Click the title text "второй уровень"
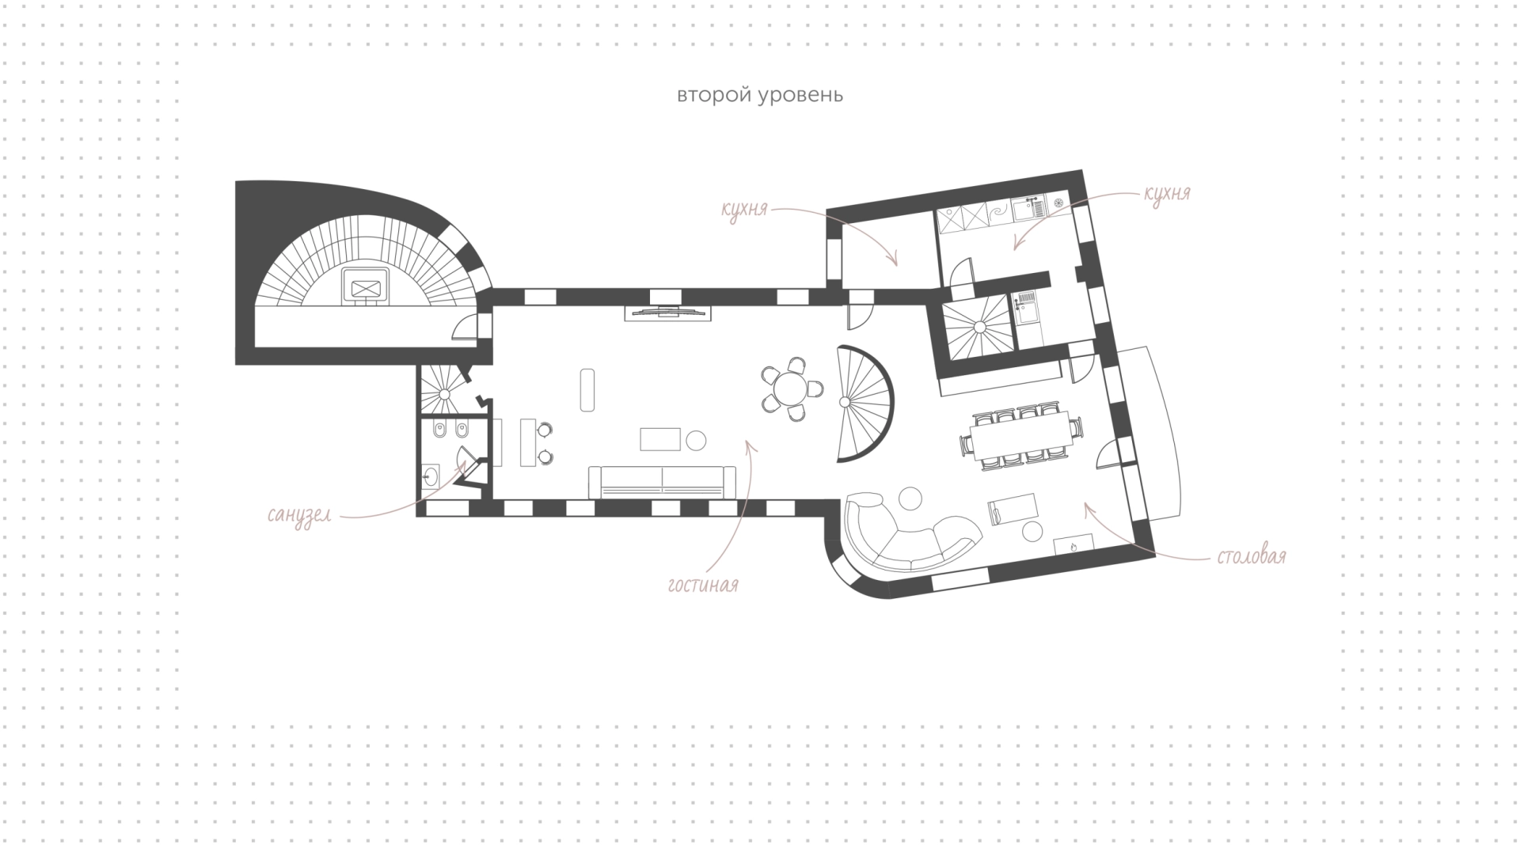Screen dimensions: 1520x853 click(760, 96)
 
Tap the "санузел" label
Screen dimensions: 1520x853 click(298, 516)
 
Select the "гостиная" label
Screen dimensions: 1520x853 click(703, 586)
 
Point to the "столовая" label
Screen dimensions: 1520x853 click(1251, 556)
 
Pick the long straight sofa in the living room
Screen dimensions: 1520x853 click(662, 482)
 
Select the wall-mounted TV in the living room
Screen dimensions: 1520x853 click(667, 312)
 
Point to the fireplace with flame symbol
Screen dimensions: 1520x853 click(1074, 544)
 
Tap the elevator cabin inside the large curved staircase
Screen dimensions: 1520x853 click(365, 285)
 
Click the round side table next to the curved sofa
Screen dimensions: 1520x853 click(910, 499)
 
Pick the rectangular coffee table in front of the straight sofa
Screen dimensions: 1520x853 click(660, 439)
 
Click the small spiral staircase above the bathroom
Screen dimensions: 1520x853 click(444, 387)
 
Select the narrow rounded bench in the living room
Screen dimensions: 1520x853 click(587, 389)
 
